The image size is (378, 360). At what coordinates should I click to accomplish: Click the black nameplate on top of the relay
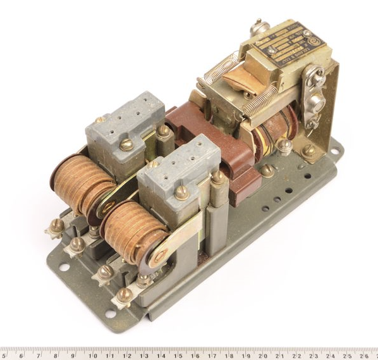pyautogui.click(x=288, y=44)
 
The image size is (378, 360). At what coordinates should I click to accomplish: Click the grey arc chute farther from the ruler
pyautogui.click(x=125, y=123)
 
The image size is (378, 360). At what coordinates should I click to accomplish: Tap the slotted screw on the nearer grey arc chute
pyautogui.click(x=182, y=192)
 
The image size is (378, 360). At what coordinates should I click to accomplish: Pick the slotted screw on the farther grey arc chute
pyautogui.click(x=126, y=144)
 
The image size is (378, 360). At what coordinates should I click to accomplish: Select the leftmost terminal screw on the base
pyautogui.click(x=58, y=225)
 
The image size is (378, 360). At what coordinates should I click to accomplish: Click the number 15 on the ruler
pyautogui.click(x=180, y=354)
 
